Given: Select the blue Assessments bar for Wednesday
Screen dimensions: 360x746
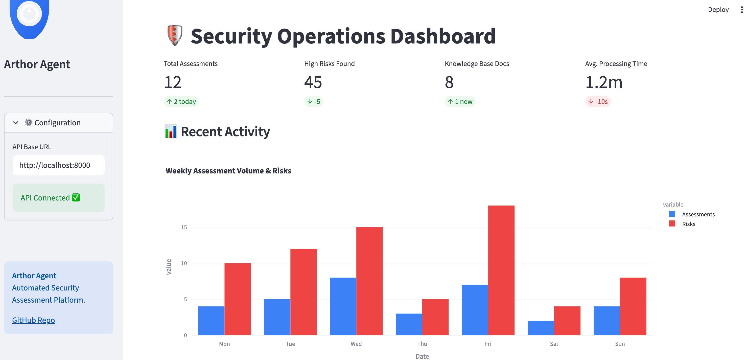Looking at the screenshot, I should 343,306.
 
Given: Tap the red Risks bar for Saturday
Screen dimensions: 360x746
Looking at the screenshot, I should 567,321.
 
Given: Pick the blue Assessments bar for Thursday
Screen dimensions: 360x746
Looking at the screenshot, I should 409,324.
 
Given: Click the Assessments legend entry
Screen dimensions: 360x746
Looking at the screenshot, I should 698,214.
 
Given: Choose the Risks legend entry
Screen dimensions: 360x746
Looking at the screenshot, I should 688,224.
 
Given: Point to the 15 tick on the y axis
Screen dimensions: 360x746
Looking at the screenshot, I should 184,227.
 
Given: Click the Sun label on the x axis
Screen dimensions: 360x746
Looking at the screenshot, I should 619,344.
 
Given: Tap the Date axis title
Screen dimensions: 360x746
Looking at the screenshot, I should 422,356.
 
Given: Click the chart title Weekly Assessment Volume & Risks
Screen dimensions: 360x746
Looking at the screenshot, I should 228,171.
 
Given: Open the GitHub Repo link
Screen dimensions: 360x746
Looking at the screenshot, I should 33,320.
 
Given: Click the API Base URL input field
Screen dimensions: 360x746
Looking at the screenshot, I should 58,165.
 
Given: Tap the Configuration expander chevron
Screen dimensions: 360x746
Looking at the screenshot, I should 16,123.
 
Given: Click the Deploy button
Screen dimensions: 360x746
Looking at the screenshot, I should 718,10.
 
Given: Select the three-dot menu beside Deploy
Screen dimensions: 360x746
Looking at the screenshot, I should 741,10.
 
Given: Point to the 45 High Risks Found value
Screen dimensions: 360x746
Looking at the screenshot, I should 313,82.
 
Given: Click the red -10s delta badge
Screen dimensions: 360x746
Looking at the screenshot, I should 598,102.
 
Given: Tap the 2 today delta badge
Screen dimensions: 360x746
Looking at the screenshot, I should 181,102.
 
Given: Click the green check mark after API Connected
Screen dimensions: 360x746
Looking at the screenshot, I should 76,197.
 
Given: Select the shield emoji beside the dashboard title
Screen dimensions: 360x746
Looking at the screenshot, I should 175,35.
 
